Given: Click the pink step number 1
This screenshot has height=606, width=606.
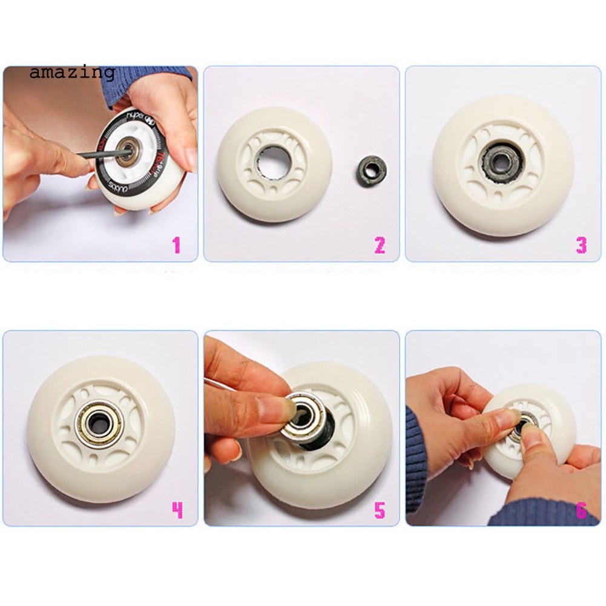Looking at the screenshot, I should (x=176, y=245).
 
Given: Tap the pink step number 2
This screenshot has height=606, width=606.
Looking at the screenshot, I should (x=379, y=245).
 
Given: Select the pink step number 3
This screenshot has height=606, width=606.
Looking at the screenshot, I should (x=581, y=245).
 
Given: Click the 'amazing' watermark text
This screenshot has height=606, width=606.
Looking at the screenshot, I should (x=72, y=73).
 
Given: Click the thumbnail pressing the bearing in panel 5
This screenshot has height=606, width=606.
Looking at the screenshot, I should (x=283, y=411).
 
